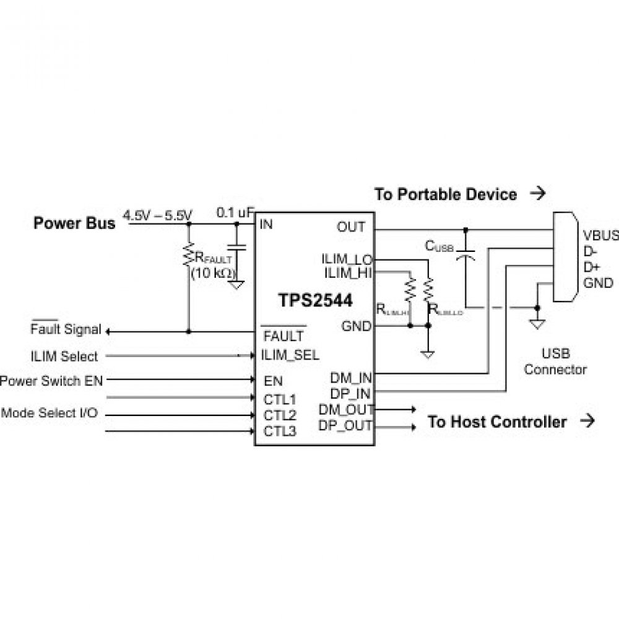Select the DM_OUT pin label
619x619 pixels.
(346, 409)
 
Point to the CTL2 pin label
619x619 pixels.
(280, 415)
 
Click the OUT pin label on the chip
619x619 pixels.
(351, 227)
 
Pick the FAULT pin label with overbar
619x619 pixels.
(284, 336)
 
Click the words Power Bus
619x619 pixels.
(74, 223)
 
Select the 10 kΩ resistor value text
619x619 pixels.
(212, 273)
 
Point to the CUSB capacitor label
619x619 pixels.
(439, 246)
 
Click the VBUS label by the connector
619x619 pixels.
(600, 236)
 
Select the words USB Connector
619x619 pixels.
(555, 362)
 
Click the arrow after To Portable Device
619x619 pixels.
(539, 194)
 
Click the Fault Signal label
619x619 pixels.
(65, 330)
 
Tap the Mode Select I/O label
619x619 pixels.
(50, 413)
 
